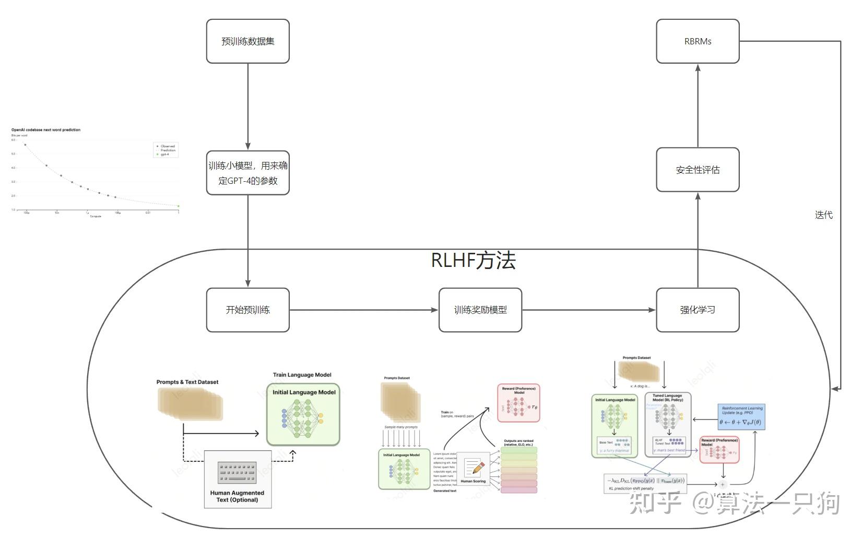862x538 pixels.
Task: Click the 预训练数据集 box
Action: pos(247,41)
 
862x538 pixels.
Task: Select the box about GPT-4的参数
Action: pos(247,173)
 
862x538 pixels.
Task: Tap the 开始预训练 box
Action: pos(247,310)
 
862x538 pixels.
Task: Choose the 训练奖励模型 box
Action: pos(480,310)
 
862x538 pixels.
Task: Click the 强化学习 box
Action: pos(697,310)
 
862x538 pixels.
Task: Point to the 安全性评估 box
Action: pos(697,170)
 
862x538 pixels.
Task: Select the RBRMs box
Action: pos(697,41)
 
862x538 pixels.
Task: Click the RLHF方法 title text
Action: pos(473,260)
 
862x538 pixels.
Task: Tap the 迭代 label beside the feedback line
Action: pos(823,215)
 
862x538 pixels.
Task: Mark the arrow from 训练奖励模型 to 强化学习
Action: pos(588,310)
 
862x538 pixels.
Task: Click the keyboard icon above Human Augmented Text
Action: pos(237,472)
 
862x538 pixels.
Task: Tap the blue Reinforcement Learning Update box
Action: pos(741,417)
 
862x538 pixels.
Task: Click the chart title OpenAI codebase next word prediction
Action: pos(46,130)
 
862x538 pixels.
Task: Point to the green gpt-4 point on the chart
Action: pos(179,206)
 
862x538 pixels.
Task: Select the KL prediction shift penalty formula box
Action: pos(645,483)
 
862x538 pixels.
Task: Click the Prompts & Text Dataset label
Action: pos(187,382)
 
